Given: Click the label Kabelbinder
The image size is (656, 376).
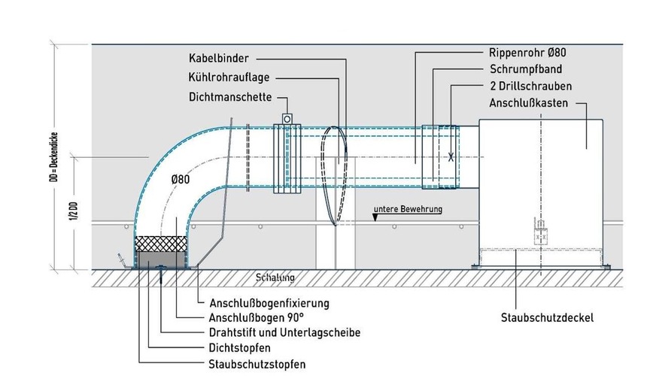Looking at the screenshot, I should click(x=219, y=56).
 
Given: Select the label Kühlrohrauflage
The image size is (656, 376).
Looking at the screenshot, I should click(x=229, y=76).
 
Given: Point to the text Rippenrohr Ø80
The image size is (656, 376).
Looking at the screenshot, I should click(x=527, y=53).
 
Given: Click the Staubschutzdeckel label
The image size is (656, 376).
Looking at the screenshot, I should click(x=548, y=318).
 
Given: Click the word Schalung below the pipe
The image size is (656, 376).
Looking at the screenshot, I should click(x=275, y=277).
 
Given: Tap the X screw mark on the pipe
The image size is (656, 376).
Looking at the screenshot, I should click(x=451, y=157).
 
